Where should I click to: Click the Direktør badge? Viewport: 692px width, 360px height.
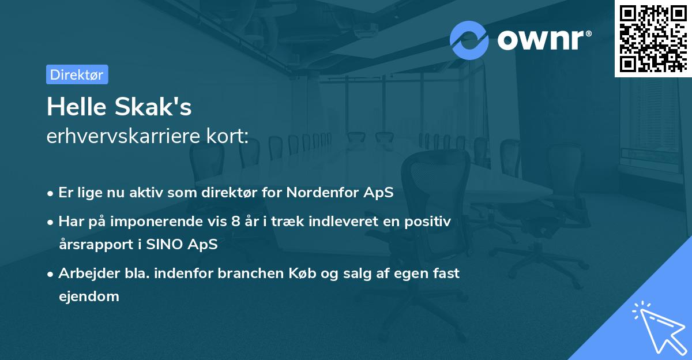pos(77,74)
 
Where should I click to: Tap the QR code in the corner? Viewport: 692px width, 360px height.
pos(653,38)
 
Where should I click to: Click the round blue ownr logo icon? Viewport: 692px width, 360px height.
pos(469,40)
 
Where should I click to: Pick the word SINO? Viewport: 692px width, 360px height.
pos(164,244)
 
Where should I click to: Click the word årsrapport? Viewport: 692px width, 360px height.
pos(92,244)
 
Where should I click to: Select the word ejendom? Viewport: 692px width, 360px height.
pos(89,297)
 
